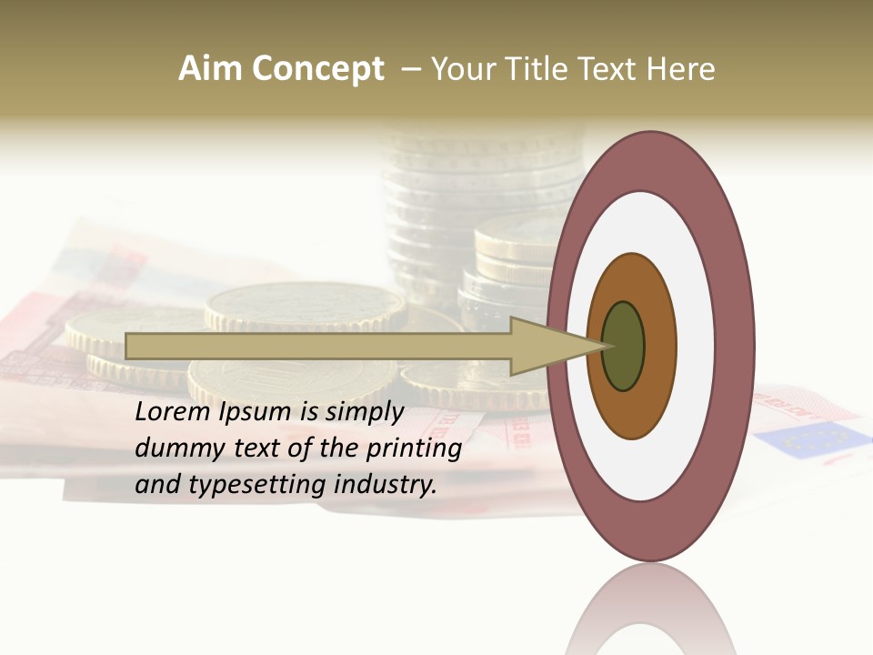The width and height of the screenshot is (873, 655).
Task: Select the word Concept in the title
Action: pyautogui.click(x=318, y=69)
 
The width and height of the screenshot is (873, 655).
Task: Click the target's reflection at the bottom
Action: pyautogui.click(x=650, y=610)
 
